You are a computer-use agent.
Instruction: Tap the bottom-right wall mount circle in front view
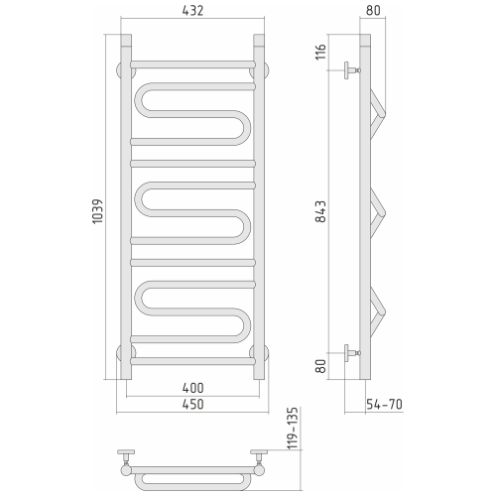(x=261, y=350)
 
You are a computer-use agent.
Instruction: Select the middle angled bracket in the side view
(x=378, y=210)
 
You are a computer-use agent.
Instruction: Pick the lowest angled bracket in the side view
(x=378, y=310)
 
